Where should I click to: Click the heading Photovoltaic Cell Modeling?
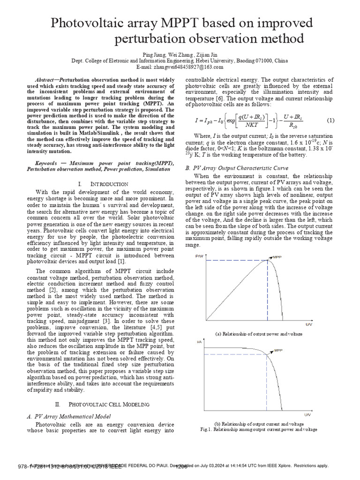109,404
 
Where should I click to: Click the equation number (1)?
330,120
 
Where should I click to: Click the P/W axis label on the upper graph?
199,256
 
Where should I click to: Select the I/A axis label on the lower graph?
200,342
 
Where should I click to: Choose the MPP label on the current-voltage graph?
278,350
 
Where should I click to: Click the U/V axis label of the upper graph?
309,324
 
